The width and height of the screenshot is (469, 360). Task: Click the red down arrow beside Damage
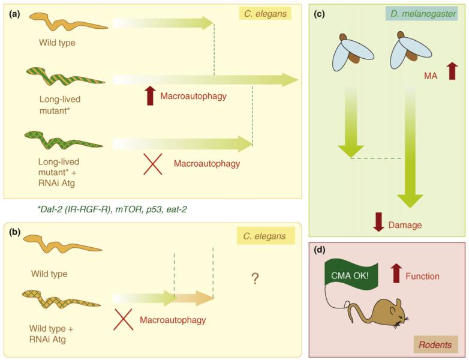(x=378, y=222)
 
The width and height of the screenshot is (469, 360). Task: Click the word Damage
(x=405, y=225)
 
